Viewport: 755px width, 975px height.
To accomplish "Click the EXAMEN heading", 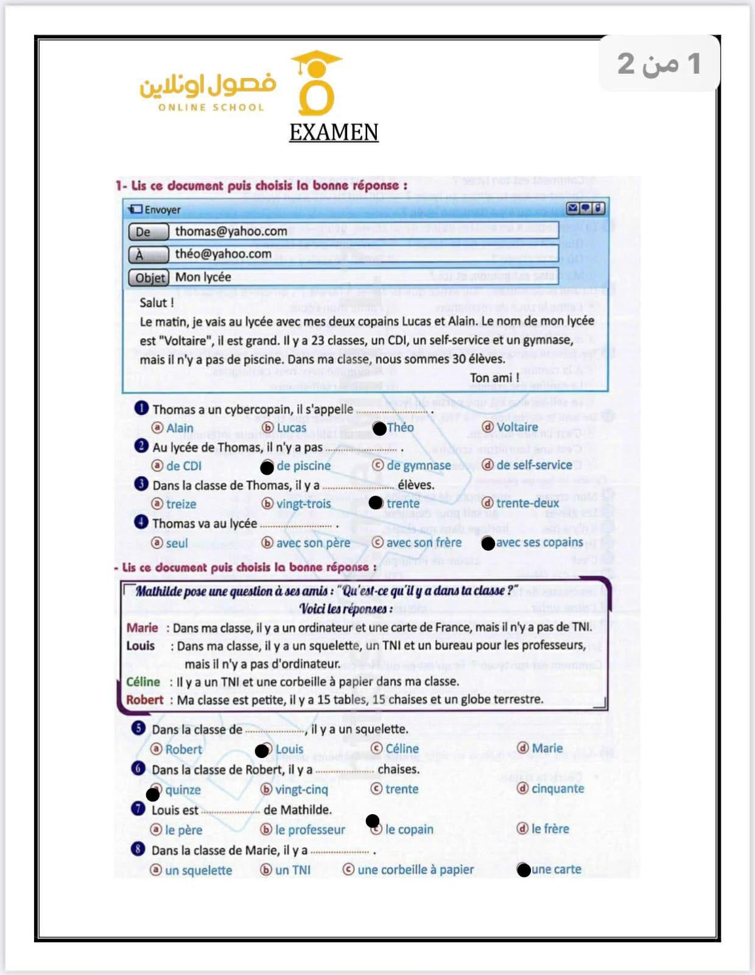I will [334, 132].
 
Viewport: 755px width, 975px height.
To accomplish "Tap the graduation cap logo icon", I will [316, 83].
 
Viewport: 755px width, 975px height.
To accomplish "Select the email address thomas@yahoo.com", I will [231, 232].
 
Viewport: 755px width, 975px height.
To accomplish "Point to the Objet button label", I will [149, 278].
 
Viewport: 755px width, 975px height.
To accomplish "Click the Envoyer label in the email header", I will [162, 210].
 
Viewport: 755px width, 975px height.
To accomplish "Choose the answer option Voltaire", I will [516, 427].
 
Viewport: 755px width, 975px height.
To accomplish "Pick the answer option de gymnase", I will [418, 466].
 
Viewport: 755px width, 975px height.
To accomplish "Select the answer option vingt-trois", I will [303, 504].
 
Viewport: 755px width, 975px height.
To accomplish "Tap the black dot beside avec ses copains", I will [488, 544].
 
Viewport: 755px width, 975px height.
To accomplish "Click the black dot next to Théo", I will [379, 429].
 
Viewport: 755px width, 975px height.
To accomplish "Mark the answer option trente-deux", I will [527, 503].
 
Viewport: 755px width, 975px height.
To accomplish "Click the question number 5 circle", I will [138, 728].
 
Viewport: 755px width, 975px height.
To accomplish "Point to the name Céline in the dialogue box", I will [143, 682].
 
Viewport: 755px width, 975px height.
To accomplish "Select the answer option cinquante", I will [557, 789].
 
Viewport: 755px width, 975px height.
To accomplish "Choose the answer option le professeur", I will [309, 830].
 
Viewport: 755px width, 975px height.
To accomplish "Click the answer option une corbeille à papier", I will [415, 870].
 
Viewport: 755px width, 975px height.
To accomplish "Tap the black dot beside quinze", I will [153, 794].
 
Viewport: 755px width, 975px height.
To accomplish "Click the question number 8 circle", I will [138, 849].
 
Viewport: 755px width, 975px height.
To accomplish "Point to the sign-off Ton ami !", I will [494, 378].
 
